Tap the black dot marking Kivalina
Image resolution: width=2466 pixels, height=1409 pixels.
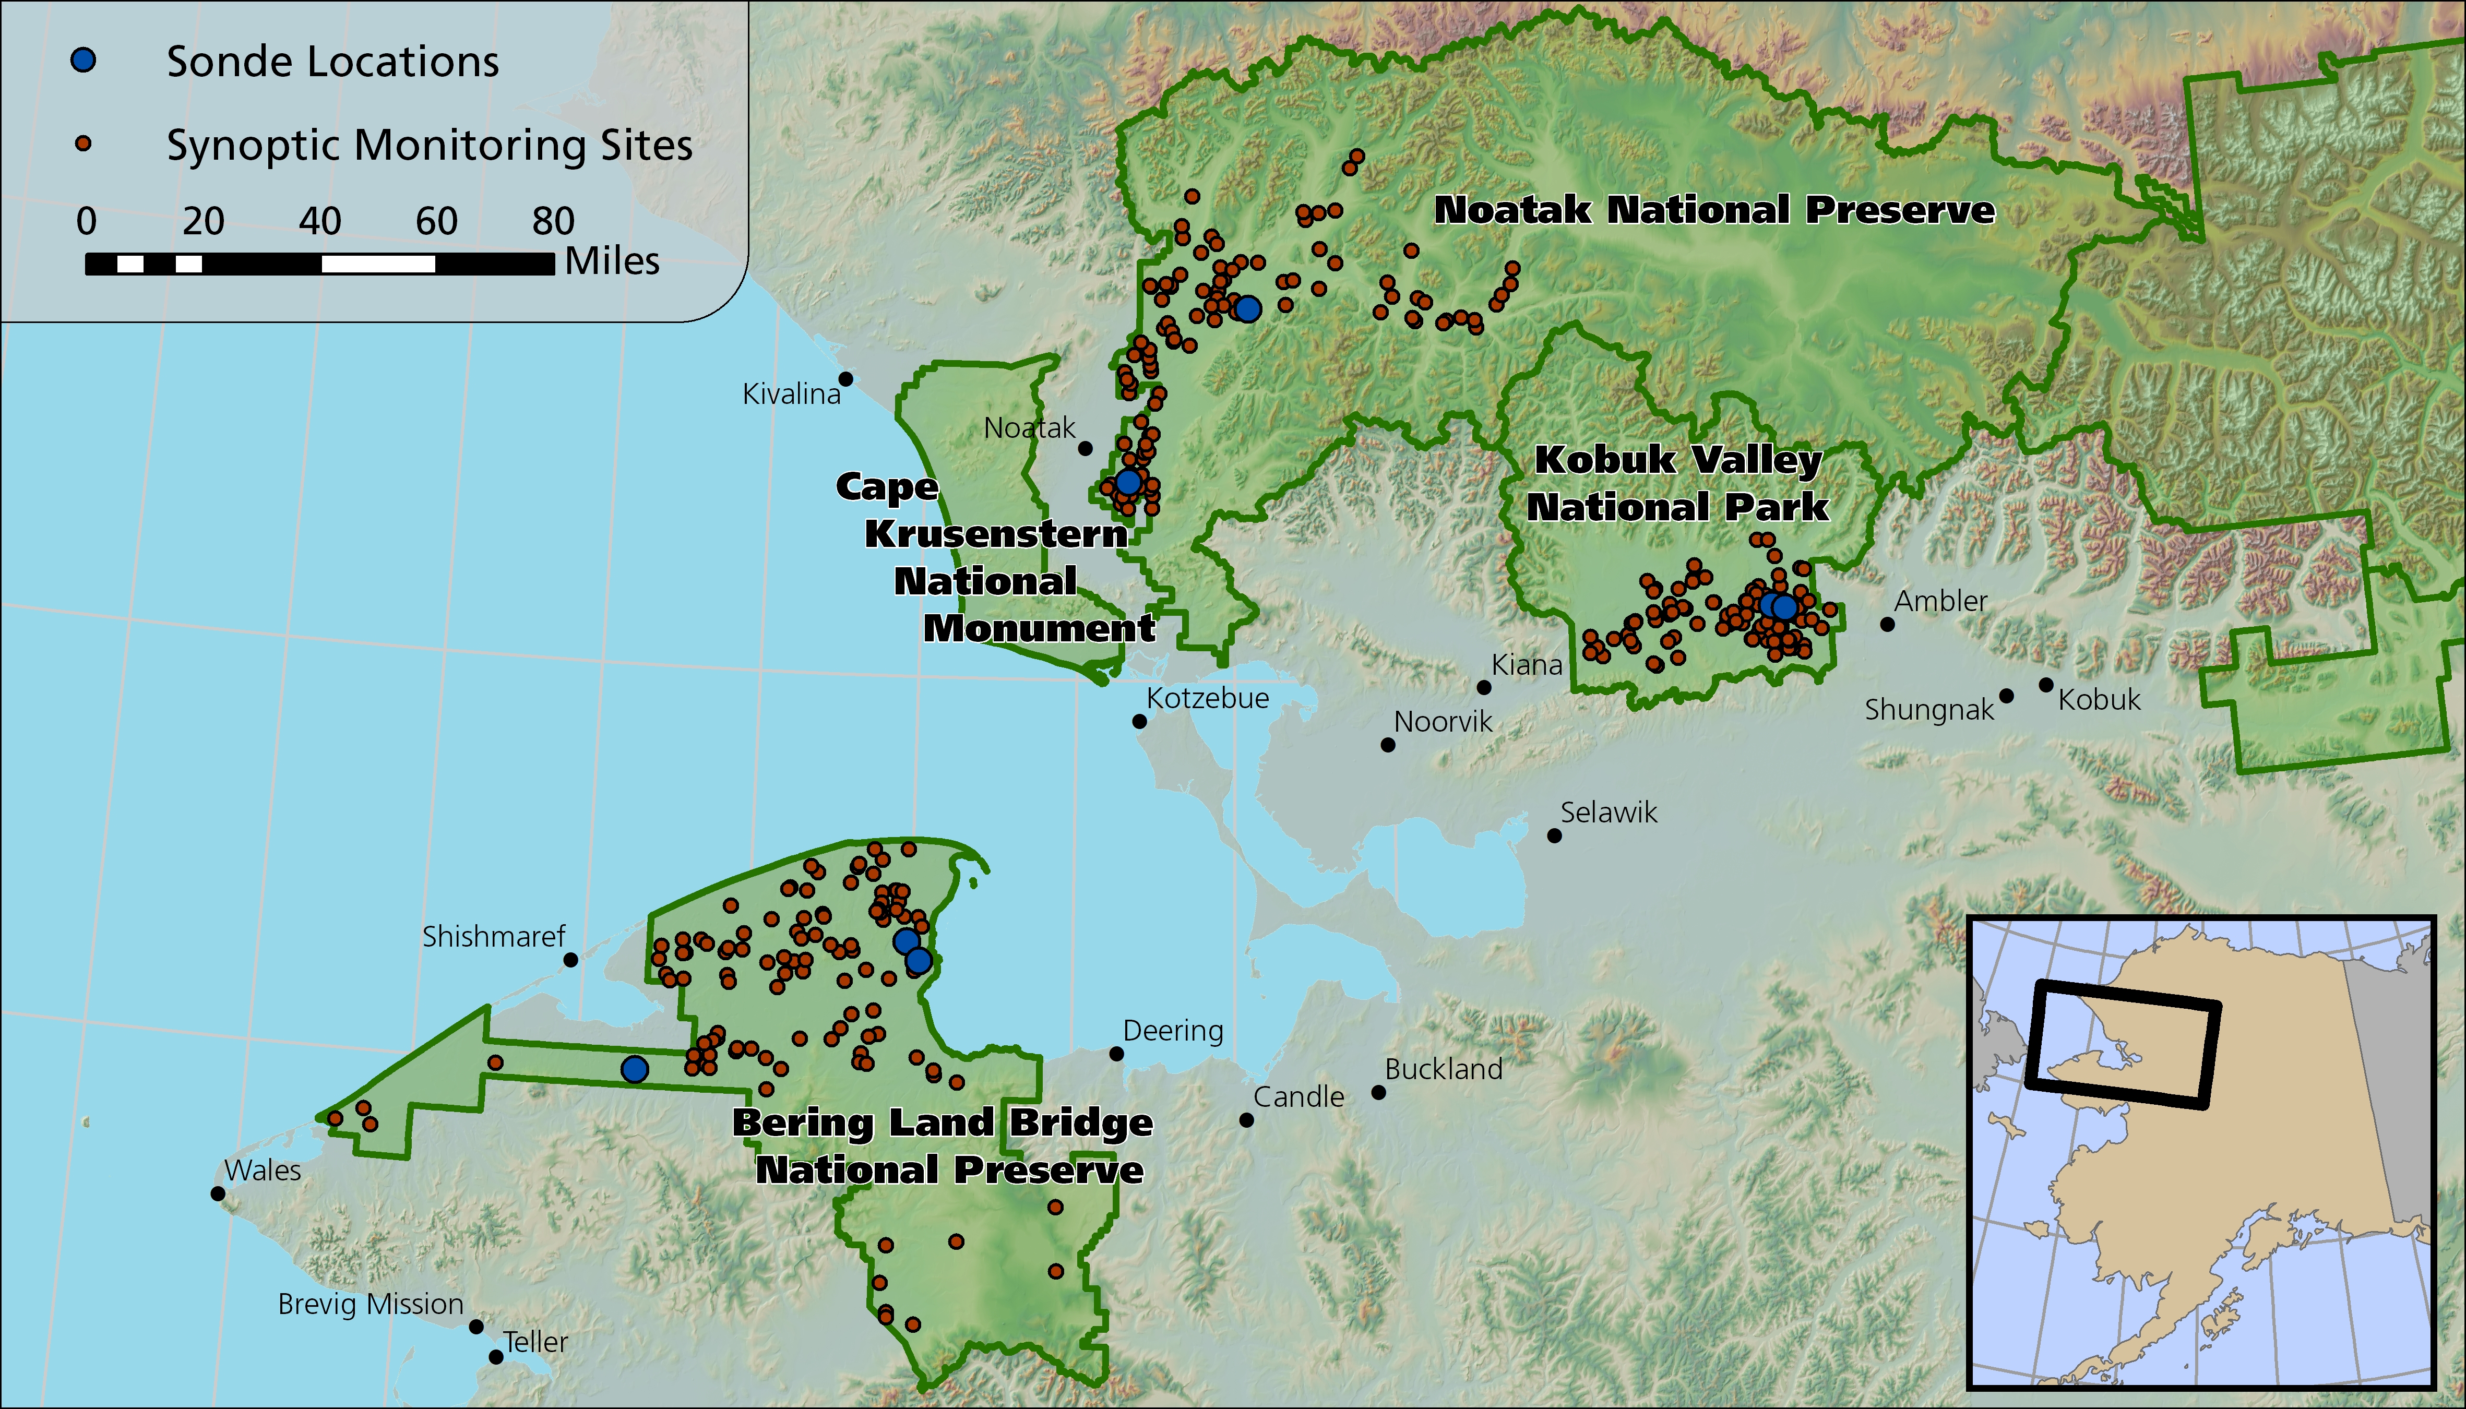[x=845, y=378]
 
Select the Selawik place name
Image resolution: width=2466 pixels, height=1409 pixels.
[x=1609, y=812]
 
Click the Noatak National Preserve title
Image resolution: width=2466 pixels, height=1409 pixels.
[x=1714, y=210]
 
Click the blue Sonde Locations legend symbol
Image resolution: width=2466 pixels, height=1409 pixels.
[x=84, y=61]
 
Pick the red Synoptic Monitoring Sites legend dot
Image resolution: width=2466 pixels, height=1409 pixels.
[x=84, y=145]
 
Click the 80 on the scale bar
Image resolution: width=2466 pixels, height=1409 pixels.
[x=554, y=222]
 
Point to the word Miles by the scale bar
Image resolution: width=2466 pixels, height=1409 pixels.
[x=612, y=261]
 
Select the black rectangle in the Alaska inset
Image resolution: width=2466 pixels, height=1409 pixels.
[x=2122, y=1043]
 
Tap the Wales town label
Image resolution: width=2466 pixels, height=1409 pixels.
[x=263, y=1170]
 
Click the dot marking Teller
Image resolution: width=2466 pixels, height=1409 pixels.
[x=495, y=1357]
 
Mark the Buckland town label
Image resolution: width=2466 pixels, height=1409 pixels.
[x=1443, y=1069]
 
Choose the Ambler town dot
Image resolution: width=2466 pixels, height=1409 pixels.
[x=1887, y=624]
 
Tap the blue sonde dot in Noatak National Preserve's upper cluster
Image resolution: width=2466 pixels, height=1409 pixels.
[x=1247, y=309]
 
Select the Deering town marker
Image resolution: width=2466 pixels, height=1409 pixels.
[x=1116, y=1054]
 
